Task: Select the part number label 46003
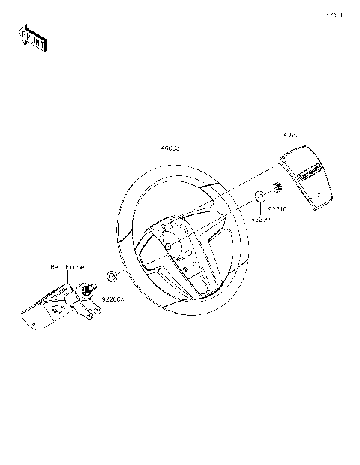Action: tap(169, 149)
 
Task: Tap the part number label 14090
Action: tap(290, 135)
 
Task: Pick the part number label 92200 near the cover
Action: tap(260, 220)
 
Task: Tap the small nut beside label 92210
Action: tap(277, 187)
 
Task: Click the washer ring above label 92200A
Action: tap(111, 278)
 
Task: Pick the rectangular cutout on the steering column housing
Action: tap(58, 307)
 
